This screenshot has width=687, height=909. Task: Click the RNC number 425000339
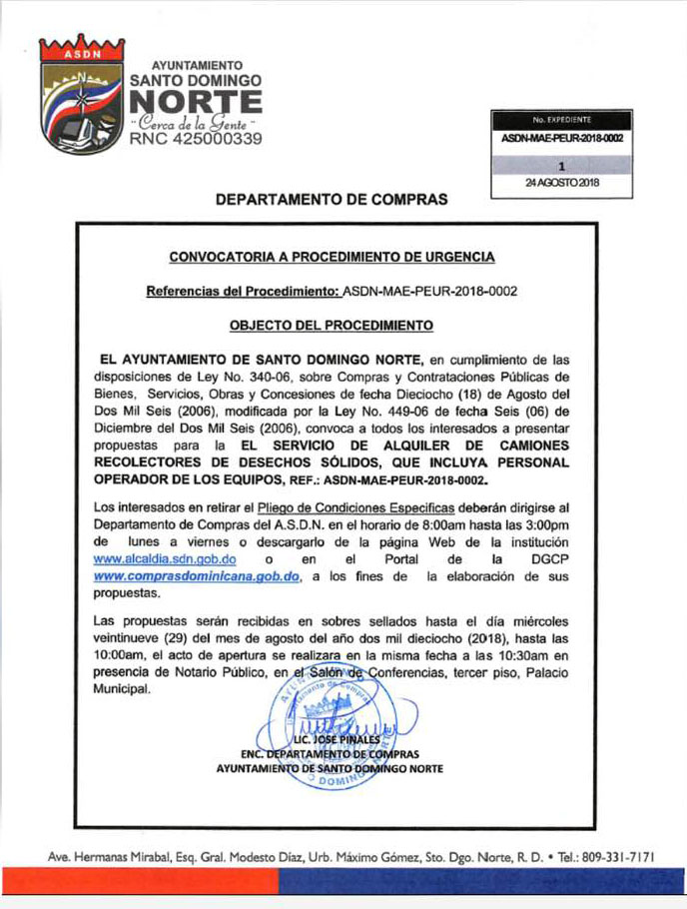197,141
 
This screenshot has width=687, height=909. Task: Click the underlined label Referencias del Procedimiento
242,292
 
